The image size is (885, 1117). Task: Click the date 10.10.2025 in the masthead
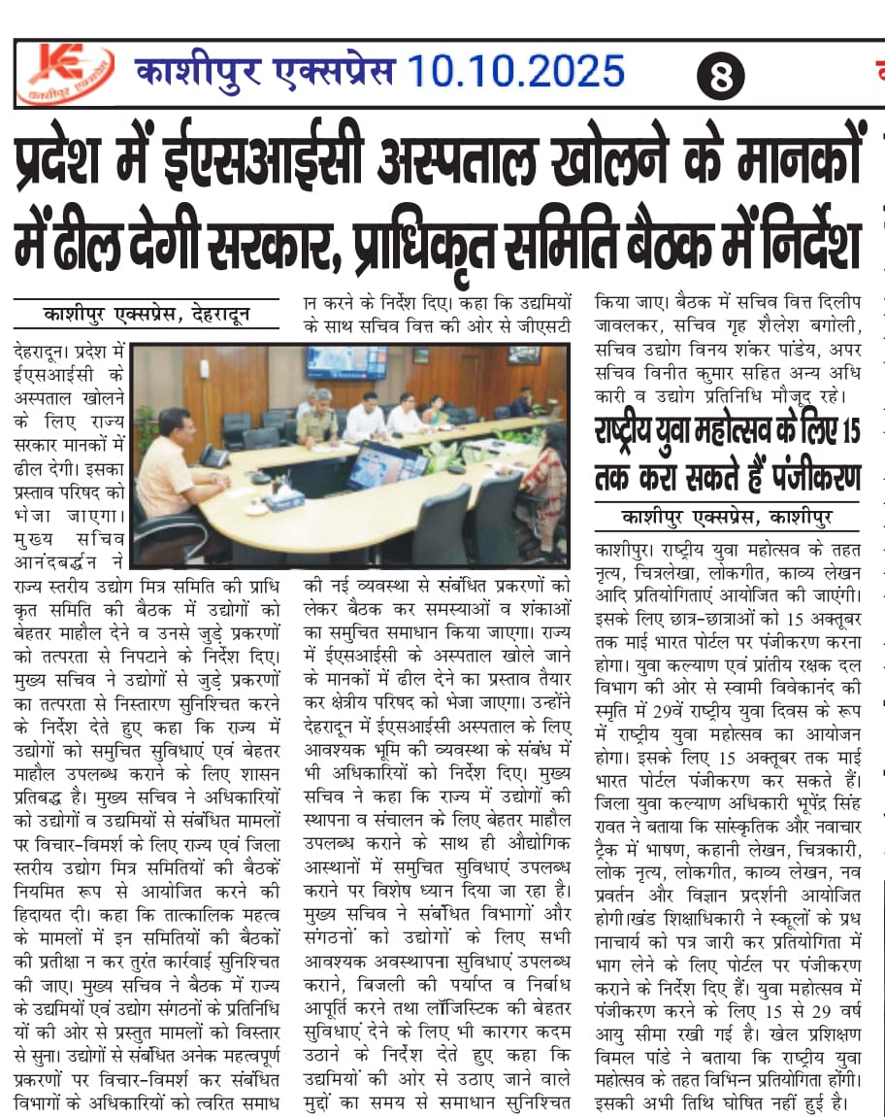click(515, 72)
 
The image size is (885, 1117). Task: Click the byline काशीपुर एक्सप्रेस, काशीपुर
click(727, 516)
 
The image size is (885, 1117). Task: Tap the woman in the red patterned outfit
click(543, 476)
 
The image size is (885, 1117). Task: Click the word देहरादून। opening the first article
click(44, 348)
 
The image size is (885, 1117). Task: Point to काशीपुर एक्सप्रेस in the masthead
click(264, 72)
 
